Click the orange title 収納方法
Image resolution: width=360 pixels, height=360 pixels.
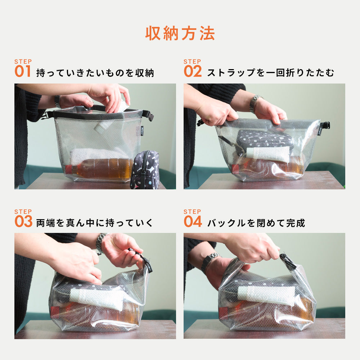(180, 33)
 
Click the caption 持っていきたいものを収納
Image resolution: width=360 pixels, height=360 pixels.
(95, 73)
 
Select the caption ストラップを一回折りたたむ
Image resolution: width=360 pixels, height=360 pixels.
(270, 73)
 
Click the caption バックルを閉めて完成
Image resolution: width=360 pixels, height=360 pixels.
(256, 223)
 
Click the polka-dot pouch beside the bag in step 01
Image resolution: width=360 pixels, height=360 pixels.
(145, 170)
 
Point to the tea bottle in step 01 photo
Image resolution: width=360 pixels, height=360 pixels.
(101, 169)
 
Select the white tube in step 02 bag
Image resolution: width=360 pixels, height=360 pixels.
(267, 154)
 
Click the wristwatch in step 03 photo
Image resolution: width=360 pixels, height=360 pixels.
(100, 241)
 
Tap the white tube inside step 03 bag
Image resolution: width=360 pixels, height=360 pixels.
(97, 298)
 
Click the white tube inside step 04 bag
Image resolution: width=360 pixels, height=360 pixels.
(266, 295)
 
